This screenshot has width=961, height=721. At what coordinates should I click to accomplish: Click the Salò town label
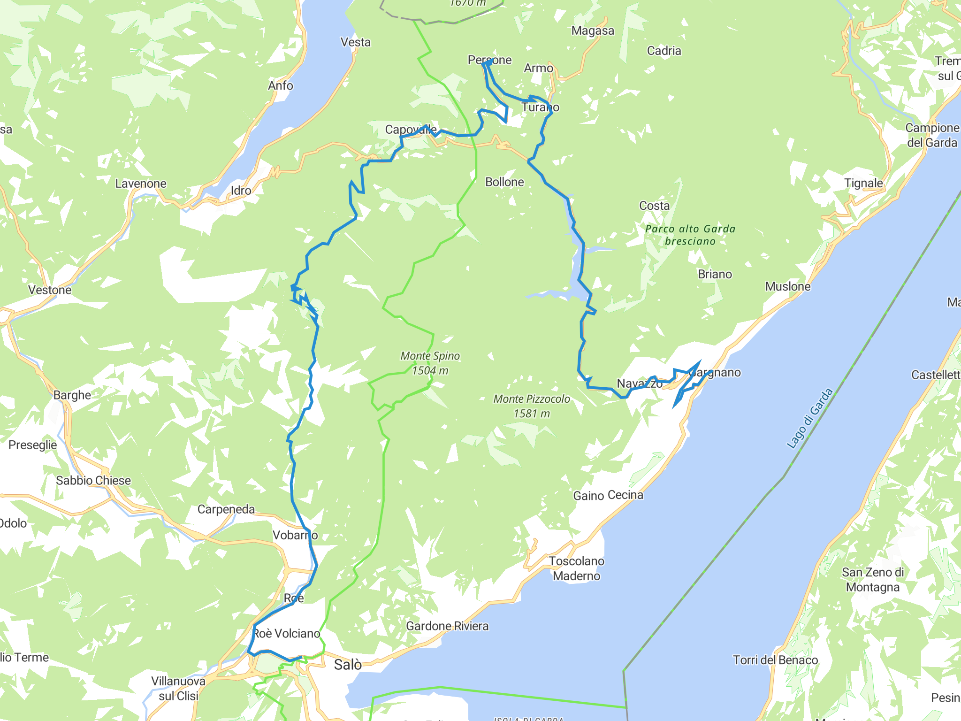click(348, 665)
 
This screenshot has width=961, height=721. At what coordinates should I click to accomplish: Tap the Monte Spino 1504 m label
click(430, 363)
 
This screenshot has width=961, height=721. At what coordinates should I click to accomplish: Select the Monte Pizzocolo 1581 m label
click(532, 406)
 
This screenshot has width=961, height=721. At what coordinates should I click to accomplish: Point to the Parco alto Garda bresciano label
click(690, 235)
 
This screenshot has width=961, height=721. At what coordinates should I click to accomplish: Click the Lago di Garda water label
click(809, 418)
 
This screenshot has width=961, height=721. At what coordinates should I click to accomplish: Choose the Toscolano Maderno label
click(577, 568)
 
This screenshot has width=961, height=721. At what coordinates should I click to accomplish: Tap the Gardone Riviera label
click(447, 626)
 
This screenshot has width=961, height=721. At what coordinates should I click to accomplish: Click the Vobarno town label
click(295, 535)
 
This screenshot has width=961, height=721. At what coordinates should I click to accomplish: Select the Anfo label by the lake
click(281, 85)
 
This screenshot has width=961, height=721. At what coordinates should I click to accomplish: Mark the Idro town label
click(241, 191)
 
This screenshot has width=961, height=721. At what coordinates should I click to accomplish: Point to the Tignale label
click(863, 183)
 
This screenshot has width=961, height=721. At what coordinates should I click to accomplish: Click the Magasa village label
click(593, 31)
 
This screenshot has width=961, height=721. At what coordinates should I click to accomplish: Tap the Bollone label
click(504, 182)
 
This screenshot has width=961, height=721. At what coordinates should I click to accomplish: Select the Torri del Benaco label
click(775, 660)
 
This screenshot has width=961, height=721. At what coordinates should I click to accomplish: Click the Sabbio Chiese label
click(93, 481)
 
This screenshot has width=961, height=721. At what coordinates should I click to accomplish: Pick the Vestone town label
click(50, 290)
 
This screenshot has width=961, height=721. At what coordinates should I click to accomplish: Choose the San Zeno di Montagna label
click(873, 580)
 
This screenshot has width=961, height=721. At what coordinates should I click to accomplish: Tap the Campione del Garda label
click(932, 135)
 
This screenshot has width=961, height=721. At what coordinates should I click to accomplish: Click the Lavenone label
click(141, 184)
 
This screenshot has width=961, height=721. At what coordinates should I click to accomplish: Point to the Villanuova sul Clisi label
click(178, 688)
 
